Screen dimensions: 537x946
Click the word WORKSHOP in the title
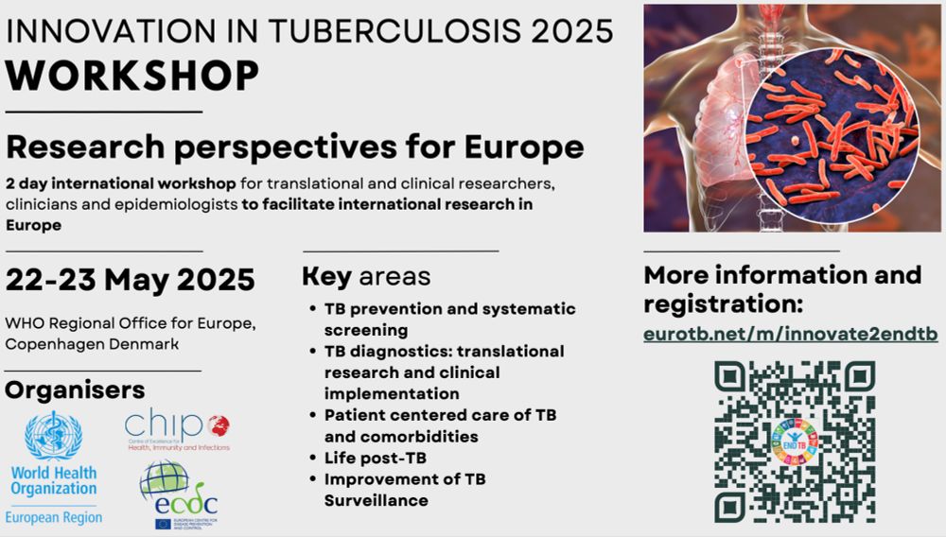(x=132, y=76)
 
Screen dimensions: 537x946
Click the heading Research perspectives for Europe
(x=294, y=147)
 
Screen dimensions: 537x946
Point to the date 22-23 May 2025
(x=130, y=280)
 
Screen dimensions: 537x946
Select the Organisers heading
(x=75, y=390)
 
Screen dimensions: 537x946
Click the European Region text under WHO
(x=54, y=516)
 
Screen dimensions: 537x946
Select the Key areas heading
(x=366, y=277)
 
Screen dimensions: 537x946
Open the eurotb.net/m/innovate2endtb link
(x=790, y=335)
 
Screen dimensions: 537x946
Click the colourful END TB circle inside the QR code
(x=795, y=441)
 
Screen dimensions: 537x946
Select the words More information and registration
(x=782, y=289)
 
